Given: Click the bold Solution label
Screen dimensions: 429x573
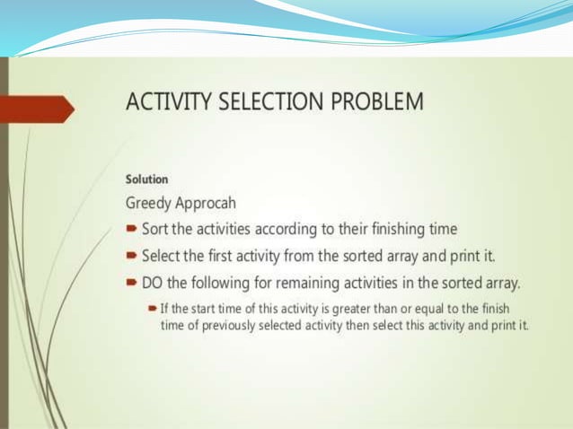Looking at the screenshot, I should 146,179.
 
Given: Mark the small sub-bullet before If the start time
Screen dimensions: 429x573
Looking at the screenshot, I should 153,308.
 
